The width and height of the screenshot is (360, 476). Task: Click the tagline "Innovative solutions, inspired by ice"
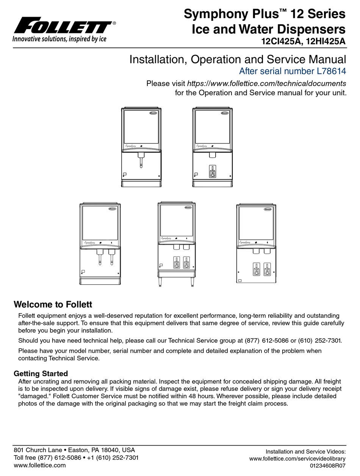pyautogui.click(x=59, y=39)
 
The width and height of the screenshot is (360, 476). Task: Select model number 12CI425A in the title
pyautogui.click(x=280, y=42)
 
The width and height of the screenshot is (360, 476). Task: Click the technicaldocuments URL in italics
pyautogui.click(x=267, y=83)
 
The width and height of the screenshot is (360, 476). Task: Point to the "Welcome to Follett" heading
pyautogui.click(x=53, y=304)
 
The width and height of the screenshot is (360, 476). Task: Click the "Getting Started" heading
pyautogui.click(x=41, y=373)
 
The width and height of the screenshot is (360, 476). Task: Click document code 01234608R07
pyautogui.click(x=328, y=465)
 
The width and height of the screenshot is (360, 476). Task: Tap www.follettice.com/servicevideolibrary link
pyautogui.click(x=297, y=459)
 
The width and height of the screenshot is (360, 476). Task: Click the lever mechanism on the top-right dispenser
pyautogui.click(x=213, y=171)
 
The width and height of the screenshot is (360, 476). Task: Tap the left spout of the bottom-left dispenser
pyautogui.click(x=100, y=258)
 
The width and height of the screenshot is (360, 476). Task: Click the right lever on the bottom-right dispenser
pyautogui.click(x=267, y=269)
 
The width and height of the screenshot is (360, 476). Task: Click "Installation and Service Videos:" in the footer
pyautogui.click(x=305, y=451)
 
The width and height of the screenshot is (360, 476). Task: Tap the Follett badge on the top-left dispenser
pyautogui.click(x=153, y=113)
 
